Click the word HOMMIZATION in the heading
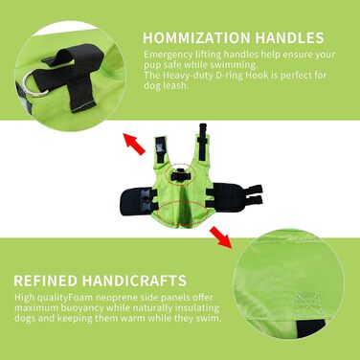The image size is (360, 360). tap(196, 37)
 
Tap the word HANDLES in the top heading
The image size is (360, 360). tap(289, 37)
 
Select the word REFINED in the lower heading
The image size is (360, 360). tap(45, 281)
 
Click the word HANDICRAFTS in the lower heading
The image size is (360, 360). tap(134, 281)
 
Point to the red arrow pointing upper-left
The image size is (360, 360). tap(134, 145)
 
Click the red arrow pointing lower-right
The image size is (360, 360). tap(221, 237)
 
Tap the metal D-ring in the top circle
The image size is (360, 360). tap(34, 83)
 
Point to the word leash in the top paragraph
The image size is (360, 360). tap(174, 85)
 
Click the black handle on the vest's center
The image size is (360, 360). tap(181, 175)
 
